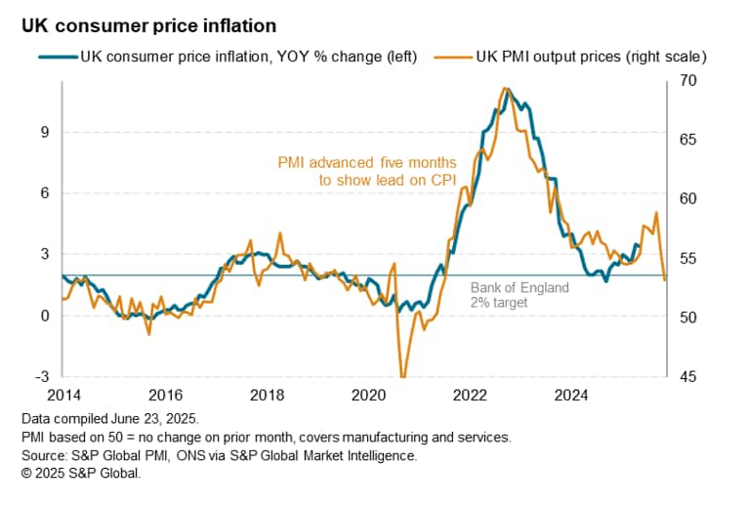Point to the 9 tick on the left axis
[x=45, y=132]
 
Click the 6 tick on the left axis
[x=45, y=193]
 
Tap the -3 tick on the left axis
[x=42, y=377]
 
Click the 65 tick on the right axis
[x=687, y=140]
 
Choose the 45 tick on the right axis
[x=687, y=377]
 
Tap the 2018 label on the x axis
[x=267, y=396]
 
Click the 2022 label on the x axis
[x=470, y=396]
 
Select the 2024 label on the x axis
[x=571, y=396]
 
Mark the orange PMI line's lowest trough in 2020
[x=402, y=376]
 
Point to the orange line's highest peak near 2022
[x=504, y=88]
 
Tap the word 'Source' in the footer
[x=44, y=454]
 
